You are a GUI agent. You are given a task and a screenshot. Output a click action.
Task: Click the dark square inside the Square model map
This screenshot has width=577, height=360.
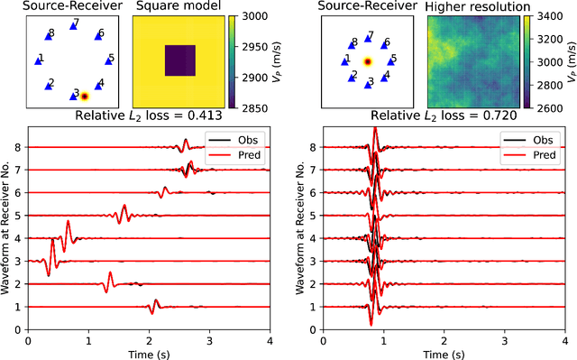[179, 61]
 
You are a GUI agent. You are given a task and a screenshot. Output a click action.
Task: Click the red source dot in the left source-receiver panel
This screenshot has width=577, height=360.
[84, 95]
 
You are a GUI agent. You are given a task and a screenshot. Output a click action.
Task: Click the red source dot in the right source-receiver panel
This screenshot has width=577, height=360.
[367, 62]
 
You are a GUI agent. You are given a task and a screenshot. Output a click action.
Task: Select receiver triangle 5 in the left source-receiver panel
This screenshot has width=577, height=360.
[109, 60]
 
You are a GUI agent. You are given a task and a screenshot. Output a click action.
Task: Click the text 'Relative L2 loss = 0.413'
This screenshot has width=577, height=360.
[149, 115]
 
